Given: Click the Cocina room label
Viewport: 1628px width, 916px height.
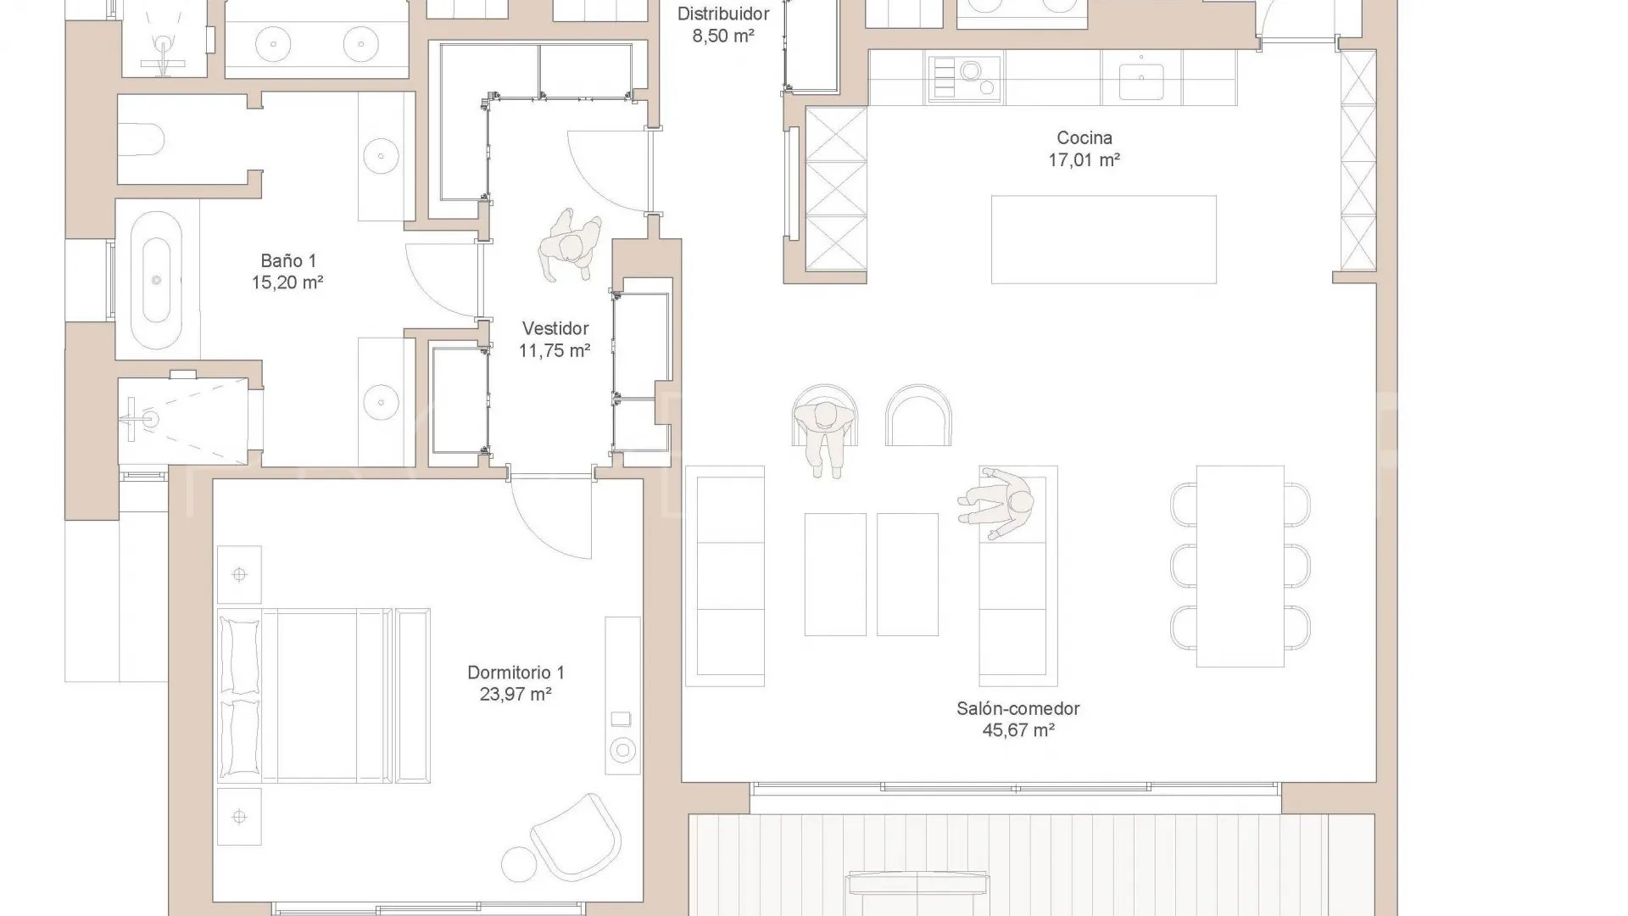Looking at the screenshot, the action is (x=1084, y=137).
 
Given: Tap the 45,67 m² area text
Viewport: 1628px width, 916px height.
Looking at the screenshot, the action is (x=1018, y=730).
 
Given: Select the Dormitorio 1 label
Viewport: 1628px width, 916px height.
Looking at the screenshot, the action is (x=516, y=673).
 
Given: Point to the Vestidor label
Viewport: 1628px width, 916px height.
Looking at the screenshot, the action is (x=555, y=328).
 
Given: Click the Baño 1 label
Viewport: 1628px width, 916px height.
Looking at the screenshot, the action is (x=288, y=261).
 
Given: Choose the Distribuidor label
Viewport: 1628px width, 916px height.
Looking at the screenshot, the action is (x=723, y=14).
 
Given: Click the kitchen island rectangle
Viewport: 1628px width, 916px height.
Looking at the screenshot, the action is (x=1104, y=239).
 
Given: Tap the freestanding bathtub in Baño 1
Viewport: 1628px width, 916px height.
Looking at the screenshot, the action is (x=156, y=280).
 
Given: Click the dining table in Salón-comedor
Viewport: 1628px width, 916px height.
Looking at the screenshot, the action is (x=1241, y=566).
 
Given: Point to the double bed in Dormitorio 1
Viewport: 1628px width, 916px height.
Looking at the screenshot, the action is (x=324, y=695).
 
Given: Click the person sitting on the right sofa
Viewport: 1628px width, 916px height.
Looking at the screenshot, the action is (x=997, y=503).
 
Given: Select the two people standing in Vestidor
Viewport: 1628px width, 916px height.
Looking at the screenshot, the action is (x=571, y=246).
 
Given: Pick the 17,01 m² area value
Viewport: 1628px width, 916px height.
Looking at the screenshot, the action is (x=1084, y=159).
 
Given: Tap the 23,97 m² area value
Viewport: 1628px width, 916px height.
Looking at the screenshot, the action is (x=516, y=695).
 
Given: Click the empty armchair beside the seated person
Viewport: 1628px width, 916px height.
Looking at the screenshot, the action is (x=918, y=416).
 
